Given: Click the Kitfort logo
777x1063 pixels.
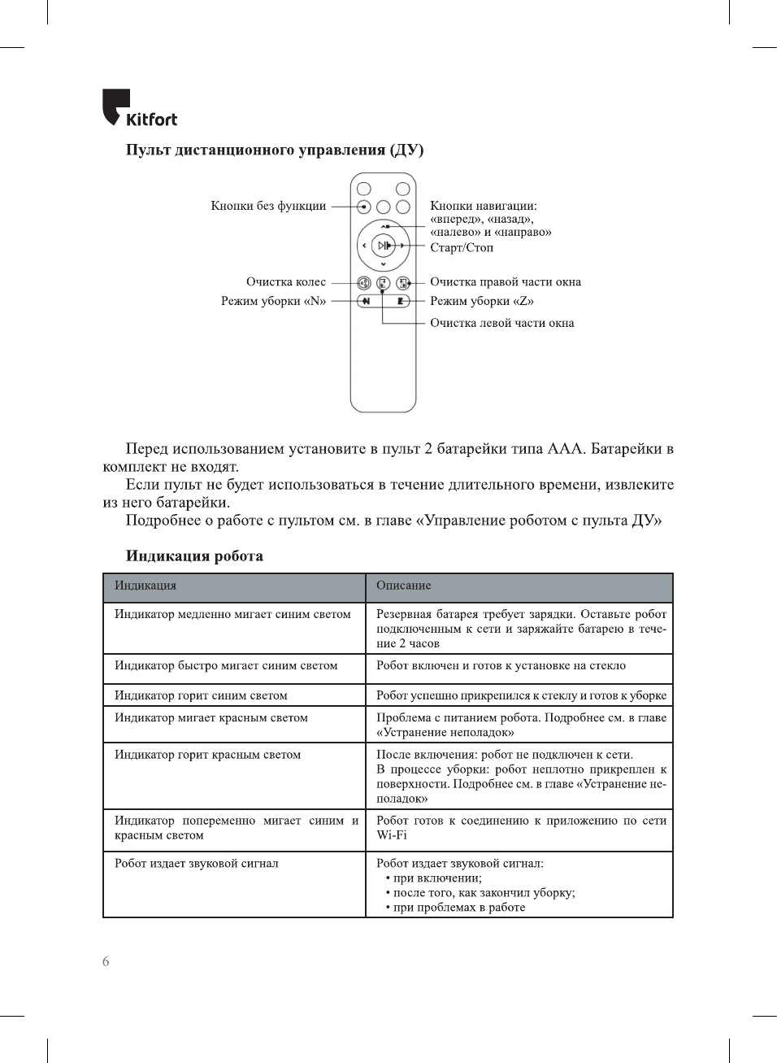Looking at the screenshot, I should coord(139,109).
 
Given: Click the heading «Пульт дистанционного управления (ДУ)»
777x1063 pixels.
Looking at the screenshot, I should coord(275,150).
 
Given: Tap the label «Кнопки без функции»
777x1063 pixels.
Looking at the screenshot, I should coord(268,206).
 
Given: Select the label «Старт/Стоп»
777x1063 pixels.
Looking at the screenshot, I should coord(462,248).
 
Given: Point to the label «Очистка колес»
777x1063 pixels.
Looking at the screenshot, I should coord(286,282).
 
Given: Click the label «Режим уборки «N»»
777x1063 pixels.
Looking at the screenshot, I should coord(273,301).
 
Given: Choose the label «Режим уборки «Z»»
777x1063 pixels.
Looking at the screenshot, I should coord(482,301).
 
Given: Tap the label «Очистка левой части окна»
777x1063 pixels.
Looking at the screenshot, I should coord(501,323).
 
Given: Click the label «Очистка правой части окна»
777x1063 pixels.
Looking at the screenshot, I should coord(506,282).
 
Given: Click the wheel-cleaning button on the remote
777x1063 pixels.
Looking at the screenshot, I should coord(364,283).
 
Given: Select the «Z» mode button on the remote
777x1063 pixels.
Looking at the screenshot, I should coord(402,301).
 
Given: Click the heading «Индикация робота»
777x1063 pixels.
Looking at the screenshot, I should coord(194,556).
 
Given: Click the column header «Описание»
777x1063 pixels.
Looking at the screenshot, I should coord(404,586).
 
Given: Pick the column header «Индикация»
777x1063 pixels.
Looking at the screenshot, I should coord(145,586).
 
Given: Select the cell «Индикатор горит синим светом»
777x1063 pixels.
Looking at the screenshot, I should coord(201,695).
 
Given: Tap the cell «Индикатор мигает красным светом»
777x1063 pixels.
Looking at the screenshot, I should coord(211,718).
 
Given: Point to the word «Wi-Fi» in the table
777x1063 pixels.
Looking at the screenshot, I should coord(392,835).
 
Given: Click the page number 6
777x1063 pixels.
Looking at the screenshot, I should coord(106,961).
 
